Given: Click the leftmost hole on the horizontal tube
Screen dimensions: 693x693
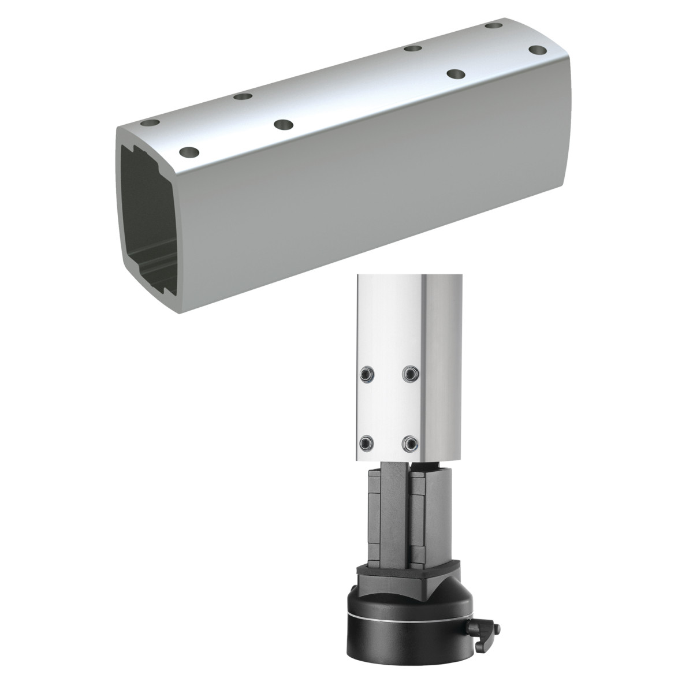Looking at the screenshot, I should (x=151, y=124).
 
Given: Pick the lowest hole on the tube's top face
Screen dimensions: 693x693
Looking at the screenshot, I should (x=189, y=153).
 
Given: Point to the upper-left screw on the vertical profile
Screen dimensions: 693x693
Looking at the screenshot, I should (x=366, y=374).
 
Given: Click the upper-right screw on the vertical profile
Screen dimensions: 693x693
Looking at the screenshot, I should (x=410, y=374).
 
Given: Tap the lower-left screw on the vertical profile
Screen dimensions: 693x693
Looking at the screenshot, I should (x=366, y=443).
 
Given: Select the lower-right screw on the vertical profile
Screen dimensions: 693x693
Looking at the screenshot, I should (x=410, y=443).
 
